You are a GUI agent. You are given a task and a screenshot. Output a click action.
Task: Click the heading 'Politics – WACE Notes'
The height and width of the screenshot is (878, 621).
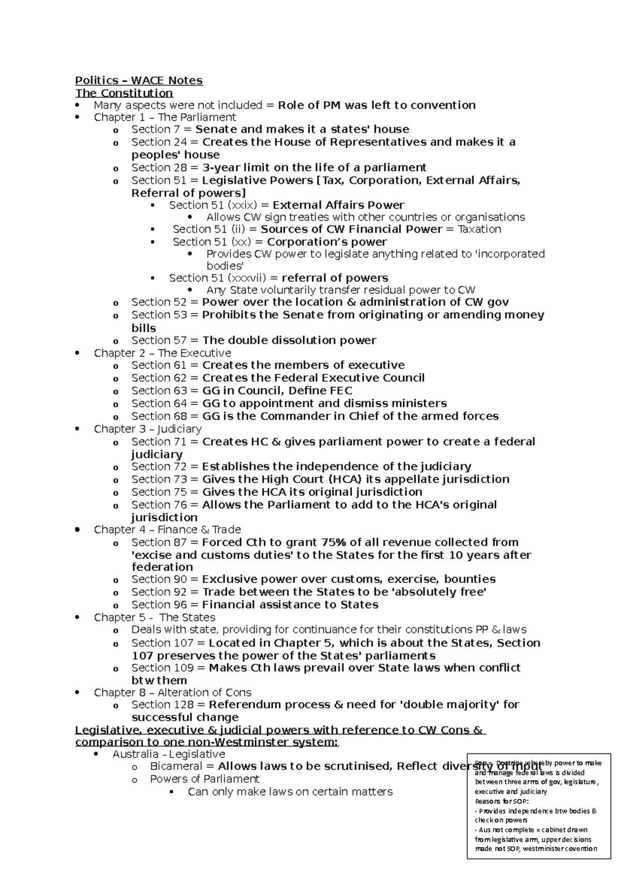click(x=139, y=80)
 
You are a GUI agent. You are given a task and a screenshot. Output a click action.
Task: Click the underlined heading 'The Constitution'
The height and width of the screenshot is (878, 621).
click(x=124, y=93)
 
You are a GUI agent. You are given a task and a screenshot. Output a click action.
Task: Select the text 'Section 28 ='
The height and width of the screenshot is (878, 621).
click(x=165, y=168)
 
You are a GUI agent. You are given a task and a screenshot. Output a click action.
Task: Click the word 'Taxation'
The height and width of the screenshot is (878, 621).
click(x=479, y=229)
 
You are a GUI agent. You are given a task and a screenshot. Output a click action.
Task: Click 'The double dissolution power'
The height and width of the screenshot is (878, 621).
click(x=289, y=340)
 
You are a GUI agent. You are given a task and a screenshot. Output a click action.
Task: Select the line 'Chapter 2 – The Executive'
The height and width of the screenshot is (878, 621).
click(x=162, y=353)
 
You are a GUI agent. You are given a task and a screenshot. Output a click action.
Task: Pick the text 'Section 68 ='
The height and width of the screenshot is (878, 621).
click(x=165, y=416)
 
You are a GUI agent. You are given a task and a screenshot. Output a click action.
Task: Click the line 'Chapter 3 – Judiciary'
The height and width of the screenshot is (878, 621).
click(x=147, y=429)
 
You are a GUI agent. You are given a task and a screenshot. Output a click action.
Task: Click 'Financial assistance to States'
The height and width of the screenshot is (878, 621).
click(x=290, y=605)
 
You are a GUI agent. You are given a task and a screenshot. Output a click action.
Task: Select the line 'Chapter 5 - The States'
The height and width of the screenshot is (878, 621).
click(x=154, y=617)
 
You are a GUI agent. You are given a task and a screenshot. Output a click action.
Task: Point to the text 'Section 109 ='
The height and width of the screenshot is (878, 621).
click(x=168, y=668)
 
